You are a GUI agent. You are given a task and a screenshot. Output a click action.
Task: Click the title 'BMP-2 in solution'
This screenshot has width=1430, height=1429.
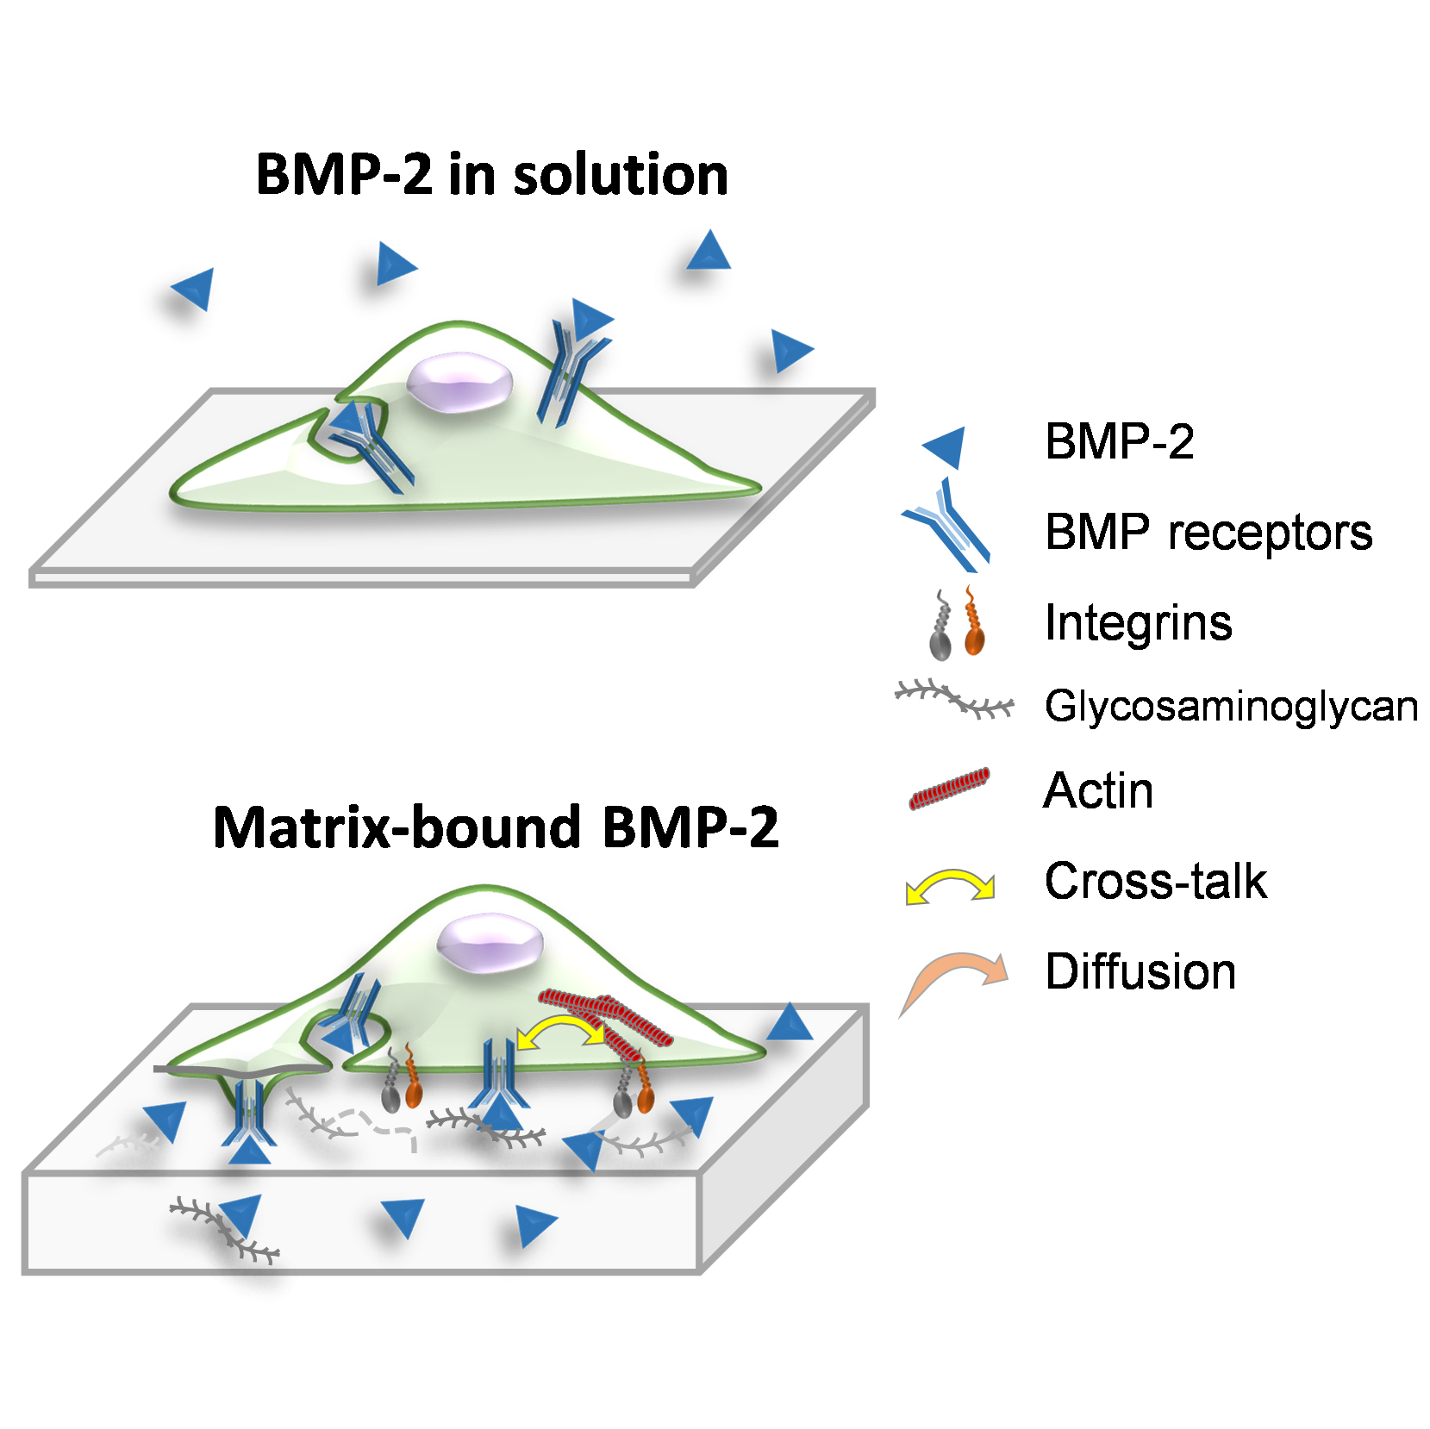[492, 175]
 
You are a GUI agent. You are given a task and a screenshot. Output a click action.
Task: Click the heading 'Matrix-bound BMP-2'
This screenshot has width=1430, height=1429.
[496, 827]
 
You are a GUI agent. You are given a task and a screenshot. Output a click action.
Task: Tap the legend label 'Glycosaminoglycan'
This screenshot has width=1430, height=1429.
[1231, 708]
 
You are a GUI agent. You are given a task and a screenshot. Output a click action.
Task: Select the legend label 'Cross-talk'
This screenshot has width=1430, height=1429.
[1155, 882]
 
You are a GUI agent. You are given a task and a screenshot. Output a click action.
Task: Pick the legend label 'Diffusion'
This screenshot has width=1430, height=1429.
[1140, 972]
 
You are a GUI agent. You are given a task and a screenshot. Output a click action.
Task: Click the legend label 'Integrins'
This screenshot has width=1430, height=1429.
[1138, 623]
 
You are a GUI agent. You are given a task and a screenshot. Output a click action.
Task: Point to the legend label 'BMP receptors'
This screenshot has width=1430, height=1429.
[1208, 532]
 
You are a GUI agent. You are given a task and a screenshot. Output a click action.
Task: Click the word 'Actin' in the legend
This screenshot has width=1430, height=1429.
[1098, 790]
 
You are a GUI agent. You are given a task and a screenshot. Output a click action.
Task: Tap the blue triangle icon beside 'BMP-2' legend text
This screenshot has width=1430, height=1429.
[946, 446]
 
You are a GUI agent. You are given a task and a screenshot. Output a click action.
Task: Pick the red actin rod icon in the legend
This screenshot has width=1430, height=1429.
[949, 789]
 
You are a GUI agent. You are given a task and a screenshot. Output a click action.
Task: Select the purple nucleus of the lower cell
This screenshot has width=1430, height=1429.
[489, 945]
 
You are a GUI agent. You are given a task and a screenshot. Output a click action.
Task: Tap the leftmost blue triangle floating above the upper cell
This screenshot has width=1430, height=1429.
[195, 288]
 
